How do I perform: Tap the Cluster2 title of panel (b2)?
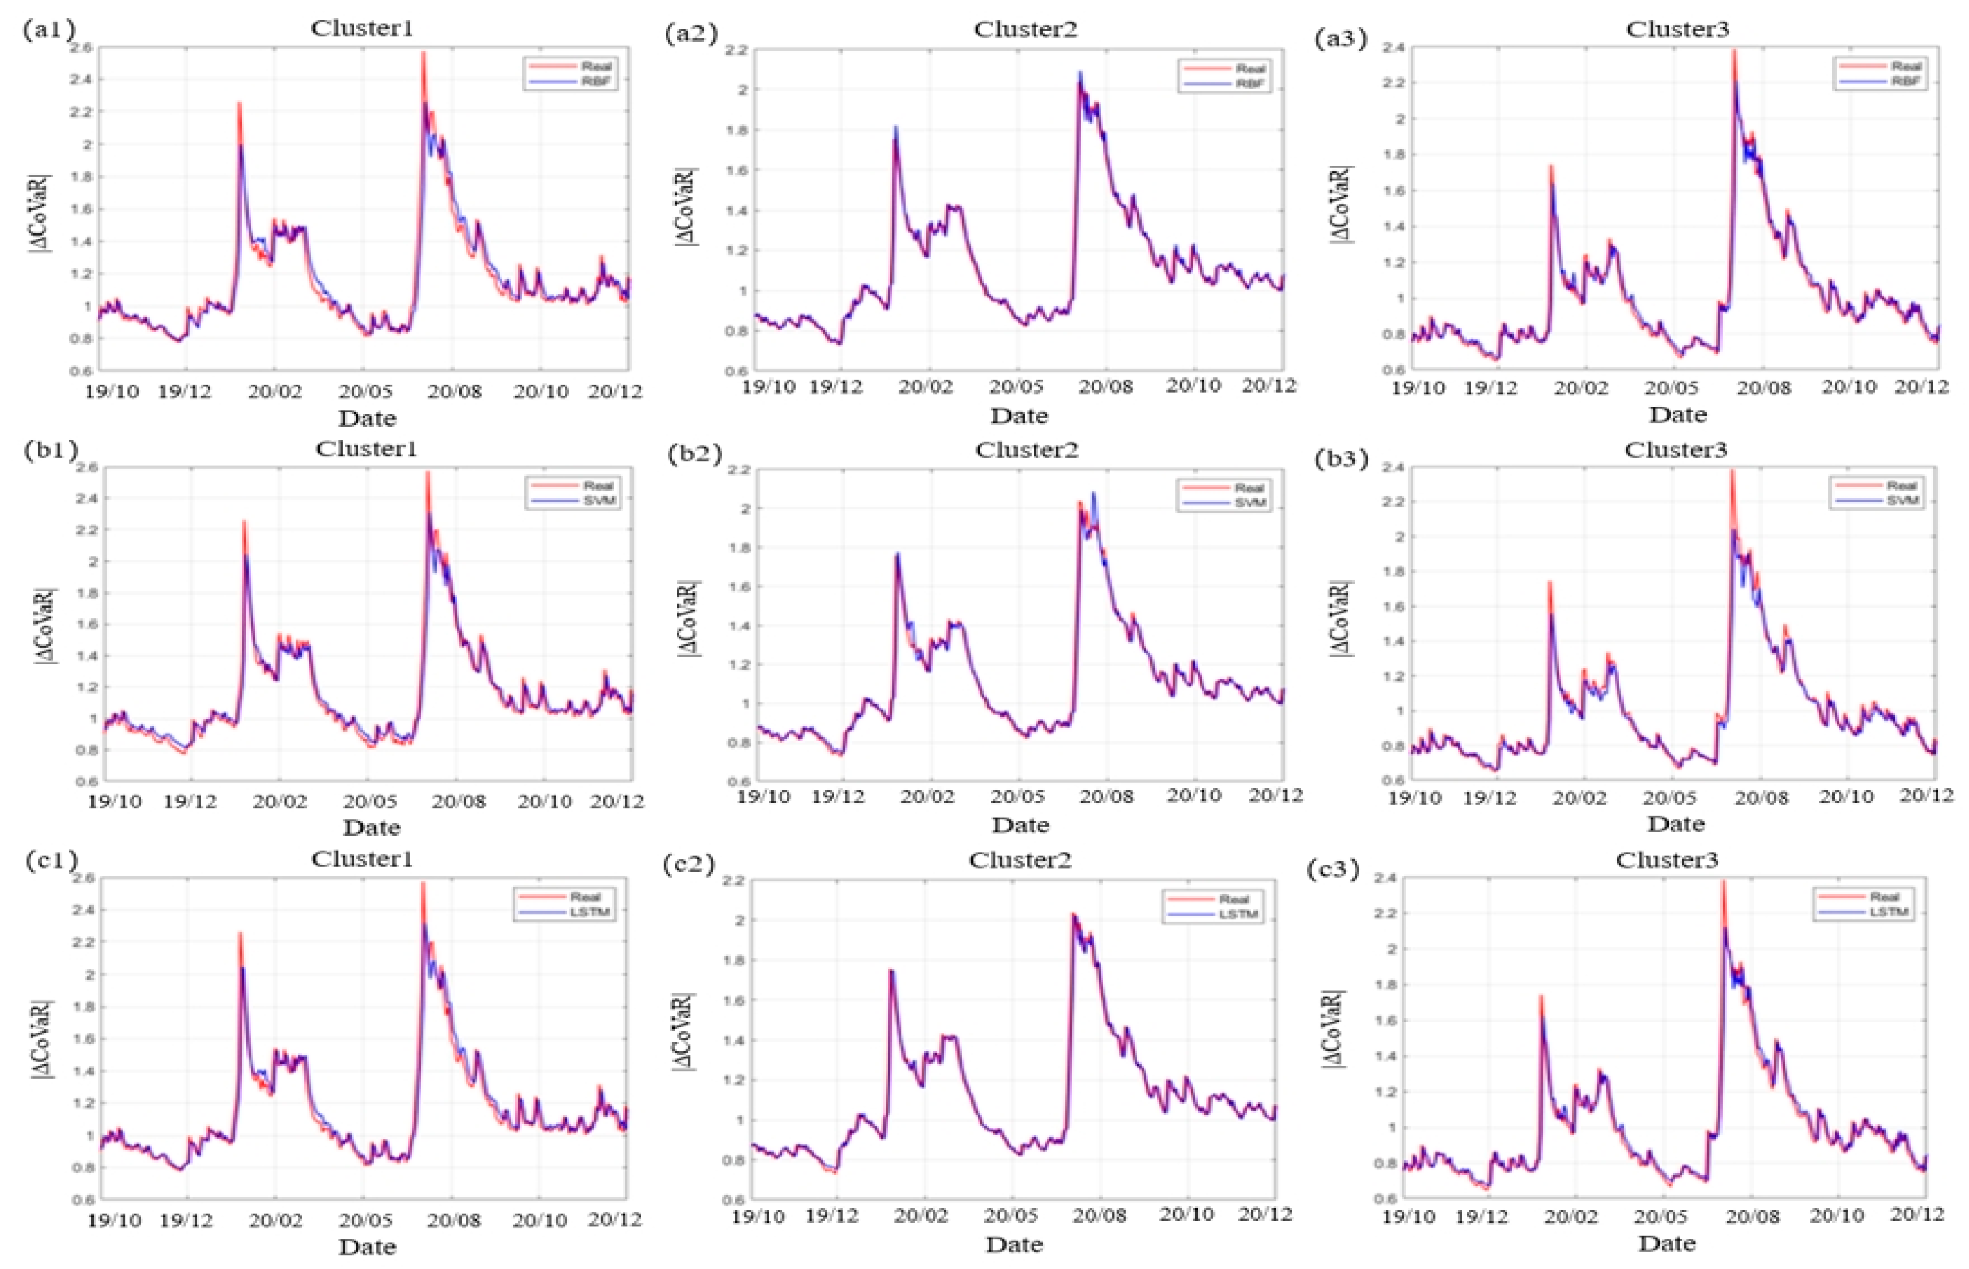coord(1026,450)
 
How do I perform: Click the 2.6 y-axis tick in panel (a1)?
coord(81,48)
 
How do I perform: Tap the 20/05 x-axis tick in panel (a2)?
coord(1015,386)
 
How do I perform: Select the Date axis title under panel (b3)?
coord(1675,823)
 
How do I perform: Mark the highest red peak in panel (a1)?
coord(424,53)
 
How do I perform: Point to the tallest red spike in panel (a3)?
coord(1734,51)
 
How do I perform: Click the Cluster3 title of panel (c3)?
coord(1667,860)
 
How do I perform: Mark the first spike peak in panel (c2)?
coord(891,971)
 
